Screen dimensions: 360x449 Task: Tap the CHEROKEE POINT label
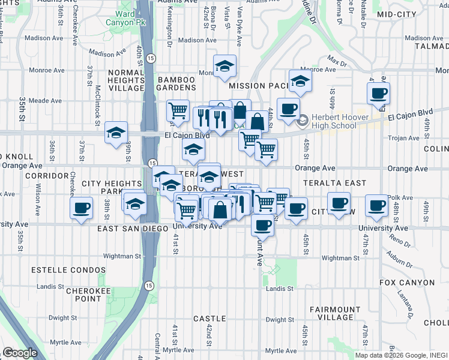tap(79, 294)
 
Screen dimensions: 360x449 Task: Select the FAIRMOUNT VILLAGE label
tap(331, 313)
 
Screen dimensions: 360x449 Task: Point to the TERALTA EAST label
tap(325, 182)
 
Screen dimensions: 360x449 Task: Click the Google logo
tap(20, 353)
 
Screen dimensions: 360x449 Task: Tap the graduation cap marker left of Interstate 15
tap(115, 133)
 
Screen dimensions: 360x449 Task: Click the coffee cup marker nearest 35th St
tap(82, 209)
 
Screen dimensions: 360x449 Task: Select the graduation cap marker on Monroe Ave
tap(224, 66)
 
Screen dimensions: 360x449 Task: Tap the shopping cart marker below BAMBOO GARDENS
tap(178, 110)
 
